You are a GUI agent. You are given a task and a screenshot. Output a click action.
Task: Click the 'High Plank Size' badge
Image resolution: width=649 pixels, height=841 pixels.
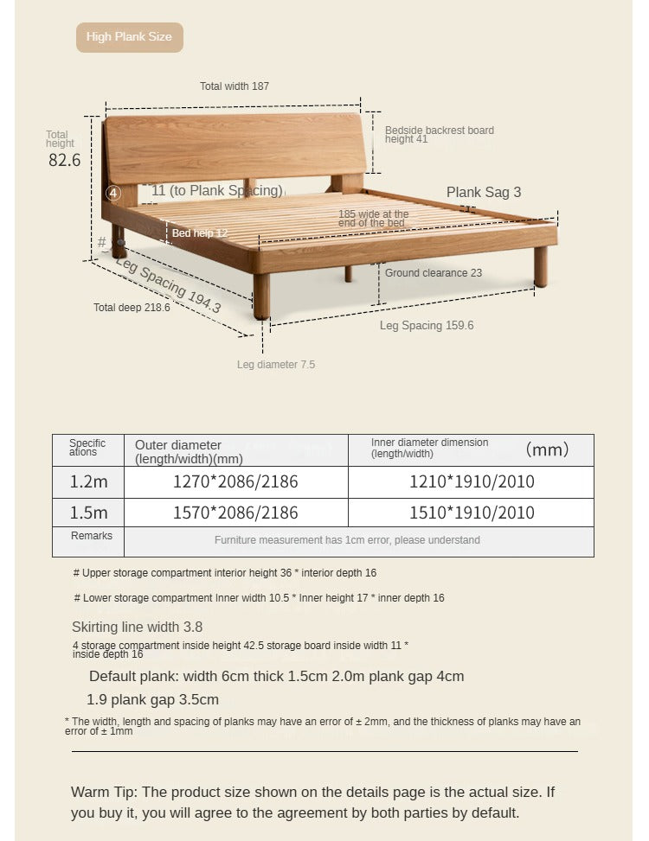pyautogui.click(x=129, y=37)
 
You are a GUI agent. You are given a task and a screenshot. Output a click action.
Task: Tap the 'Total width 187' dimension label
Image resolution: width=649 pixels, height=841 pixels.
pyautogui.click(x=235, y=86)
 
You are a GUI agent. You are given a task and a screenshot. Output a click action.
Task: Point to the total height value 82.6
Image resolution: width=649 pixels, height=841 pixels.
pyautogui.click(x=64, y=161)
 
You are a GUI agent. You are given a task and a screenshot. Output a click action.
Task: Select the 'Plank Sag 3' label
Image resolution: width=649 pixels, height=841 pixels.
pyautogui.click(x=484, y=192)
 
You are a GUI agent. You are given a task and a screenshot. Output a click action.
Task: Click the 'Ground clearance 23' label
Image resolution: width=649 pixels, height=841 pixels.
pyautogui.click(x=434, y=273)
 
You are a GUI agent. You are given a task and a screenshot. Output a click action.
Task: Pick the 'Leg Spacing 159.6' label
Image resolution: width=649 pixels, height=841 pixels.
pyautogui.click(x=427, y=326)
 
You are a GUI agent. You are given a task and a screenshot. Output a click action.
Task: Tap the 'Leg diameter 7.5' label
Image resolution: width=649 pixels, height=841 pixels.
pyautogui.click(x=276, y=365)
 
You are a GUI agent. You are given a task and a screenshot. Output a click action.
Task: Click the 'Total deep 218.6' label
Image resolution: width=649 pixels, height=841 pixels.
pyautogui.click(x=132, y=308)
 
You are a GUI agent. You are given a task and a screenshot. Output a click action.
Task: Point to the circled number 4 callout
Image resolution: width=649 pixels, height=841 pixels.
pyautogui.click(x=113, y=193)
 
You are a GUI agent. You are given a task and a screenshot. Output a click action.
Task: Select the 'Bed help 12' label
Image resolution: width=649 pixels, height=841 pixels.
pyautogui.click(x=199, y=233)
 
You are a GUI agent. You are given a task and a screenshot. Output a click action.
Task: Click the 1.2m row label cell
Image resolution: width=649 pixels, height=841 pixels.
pyautogui.click(x=88, y=481)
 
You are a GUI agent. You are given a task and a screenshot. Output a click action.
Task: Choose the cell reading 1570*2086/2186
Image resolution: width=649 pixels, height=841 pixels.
pyautogui.click(x=235, y=513)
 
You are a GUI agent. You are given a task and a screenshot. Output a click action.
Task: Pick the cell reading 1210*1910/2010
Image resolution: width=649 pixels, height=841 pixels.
pyautogui.click(x=472, y=481)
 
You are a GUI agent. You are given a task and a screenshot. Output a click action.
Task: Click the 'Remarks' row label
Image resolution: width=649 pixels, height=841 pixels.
pyautogui.click(x=92, y=536)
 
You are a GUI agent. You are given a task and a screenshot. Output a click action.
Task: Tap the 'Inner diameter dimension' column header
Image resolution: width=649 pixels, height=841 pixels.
pyautogui.click(x=430, y=448)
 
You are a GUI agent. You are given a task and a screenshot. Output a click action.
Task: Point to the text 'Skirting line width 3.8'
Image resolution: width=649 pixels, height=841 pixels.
pyautogui.click(x=137, y=627)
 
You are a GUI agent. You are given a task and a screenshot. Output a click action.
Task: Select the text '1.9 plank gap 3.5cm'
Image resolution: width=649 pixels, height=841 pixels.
pyautogui.click(x=152, y=699)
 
